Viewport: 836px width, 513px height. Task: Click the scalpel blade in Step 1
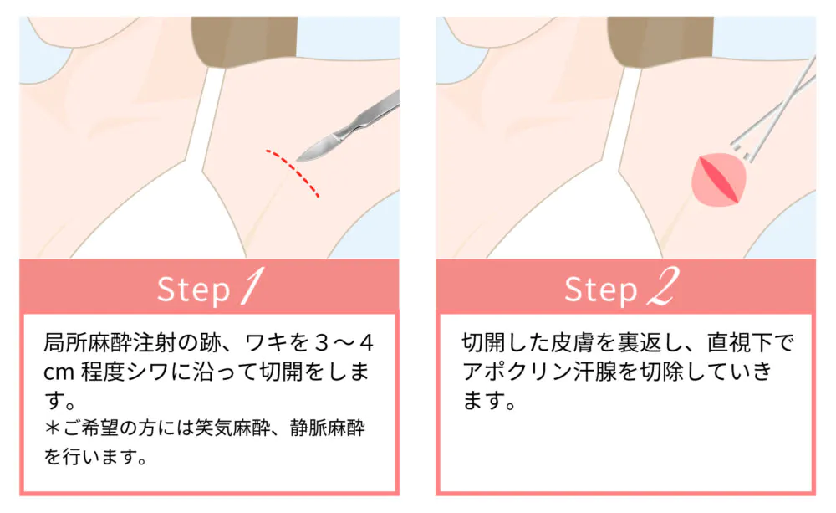pos(317,147)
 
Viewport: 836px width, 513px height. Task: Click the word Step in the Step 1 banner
pos(193,290)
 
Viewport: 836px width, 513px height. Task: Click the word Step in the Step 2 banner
pos(601,290)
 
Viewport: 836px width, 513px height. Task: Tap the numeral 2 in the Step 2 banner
pos(664,286)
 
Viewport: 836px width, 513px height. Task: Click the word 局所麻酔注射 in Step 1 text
pos(110,343)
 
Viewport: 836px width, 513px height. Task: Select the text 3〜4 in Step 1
pos(344,343)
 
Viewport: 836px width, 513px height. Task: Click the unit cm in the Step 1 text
pos(59,372)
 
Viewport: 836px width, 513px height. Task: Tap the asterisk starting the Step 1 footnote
pos(52,428)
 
